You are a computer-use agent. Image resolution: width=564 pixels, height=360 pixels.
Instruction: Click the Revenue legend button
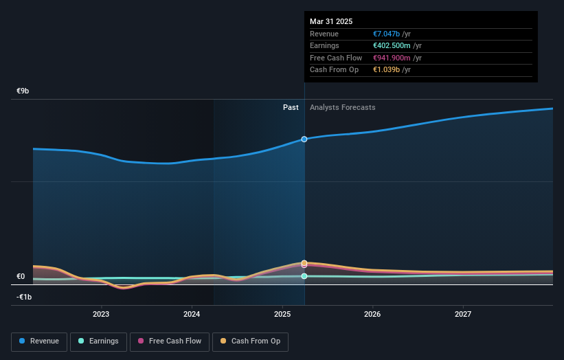39,341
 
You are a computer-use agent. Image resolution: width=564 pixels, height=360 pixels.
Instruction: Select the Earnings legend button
98,341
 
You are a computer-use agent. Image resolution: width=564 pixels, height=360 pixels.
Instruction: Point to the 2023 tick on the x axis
101,315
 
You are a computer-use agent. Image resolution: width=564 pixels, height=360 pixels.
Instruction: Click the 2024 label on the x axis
192,315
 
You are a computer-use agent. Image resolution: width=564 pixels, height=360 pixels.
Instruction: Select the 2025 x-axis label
282,315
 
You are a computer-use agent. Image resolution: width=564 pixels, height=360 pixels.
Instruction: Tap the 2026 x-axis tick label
372,315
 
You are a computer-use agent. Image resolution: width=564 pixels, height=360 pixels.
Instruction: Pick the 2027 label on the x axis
463,315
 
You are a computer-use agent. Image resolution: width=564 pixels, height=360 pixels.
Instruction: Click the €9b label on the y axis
23,91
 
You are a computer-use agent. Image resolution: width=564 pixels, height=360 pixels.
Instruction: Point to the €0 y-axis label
21,277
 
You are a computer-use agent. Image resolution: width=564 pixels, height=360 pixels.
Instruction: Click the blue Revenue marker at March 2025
304,139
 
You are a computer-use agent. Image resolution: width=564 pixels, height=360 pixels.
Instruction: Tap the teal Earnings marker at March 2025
304,276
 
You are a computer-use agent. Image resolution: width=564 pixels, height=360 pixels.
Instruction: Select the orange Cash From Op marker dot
304,263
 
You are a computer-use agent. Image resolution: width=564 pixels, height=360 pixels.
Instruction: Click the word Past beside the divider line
291,108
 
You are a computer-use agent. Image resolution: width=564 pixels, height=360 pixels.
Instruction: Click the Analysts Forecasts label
343,108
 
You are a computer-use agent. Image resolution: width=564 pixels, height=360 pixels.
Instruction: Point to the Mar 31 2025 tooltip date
331,21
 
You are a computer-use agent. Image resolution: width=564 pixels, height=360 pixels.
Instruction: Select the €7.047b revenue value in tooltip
387,34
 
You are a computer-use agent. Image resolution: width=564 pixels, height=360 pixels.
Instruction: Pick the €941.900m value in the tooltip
392,58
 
